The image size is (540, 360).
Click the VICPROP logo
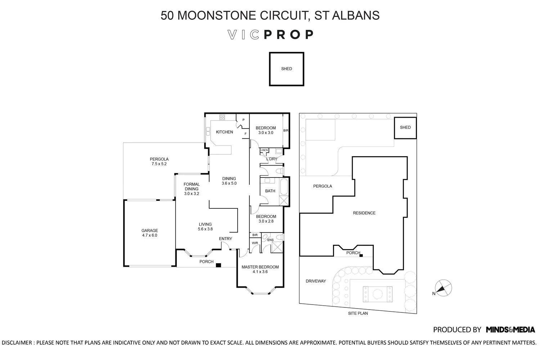coord(270,35)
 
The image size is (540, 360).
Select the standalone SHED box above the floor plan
coord(287,69)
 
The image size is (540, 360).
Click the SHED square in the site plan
coord(405,128)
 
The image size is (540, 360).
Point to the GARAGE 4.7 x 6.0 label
coord(149,233)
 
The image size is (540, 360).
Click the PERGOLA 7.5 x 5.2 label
coord(159,161)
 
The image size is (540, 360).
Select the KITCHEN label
coord(224,132)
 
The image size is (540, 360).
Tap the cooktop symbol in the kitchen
coord(222,117)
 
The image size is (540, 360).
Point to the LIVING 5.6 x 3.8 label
coord(205,226)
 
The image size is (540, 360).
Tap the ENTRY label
coord(225,239)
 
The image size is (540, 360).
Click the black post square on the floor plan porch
coord(218,265)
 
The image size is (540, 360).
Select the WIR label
coord(255,243)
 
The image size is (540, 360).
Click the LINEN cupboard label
coord(264,150)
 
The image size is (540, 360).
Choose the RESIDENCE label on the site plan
coord(364,213)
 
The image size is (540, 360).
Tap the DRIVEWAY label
coord(316,281)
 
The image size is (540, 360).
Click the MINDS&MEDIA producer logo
coord(510,329)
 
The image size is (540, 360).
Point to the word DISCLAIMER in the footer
coord(17,343)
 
